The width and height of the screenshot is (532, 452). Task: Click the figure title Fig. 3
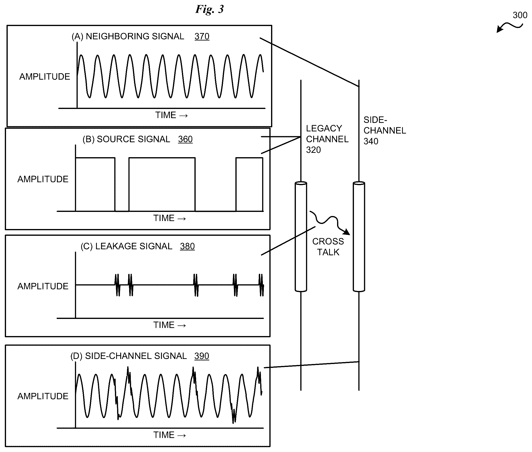[209, 9]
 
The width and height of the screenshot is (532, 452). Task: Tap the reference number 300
[520, 15]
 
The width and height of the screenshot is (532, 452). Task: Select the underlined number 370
[202, 36]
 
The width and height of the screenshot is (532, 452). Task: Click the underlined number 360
[185, 139]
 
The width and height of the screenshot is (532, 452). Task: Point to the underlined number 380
[187, 246]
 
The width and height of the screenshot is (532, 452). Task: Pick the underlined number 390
[202, 356]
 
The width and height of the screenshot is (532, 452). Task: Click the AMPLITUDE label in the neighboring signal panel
[45, 77]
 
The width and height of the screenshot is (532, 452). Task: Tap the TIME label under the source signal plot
[169, 218]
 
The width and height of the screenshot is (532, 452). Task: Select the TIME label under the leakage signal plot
[169, 325]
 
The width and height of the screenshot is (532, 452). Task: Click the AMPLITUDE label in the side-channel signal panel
[43, 396]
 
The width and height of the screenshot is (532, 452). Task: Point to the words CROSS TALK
[328, 247]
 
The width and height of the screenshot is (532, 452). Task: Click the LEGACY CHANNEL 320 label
[327, 139]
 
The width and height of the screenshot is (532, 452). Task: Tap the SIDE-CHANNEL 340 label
[385, 130]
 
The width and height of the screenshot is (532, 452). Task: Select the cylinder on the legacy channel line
[301, 237]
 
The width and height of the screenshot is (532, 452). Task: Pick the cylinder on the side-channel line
[359, 237]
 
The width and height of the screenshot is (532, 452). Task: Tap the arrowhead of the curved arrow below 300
[499, 29]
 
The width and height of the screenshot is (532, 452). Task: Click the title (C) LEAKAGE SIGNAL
[126, 246]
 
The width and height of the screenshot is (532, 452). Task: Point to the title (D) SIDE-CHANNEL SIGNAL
[128, 356]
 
